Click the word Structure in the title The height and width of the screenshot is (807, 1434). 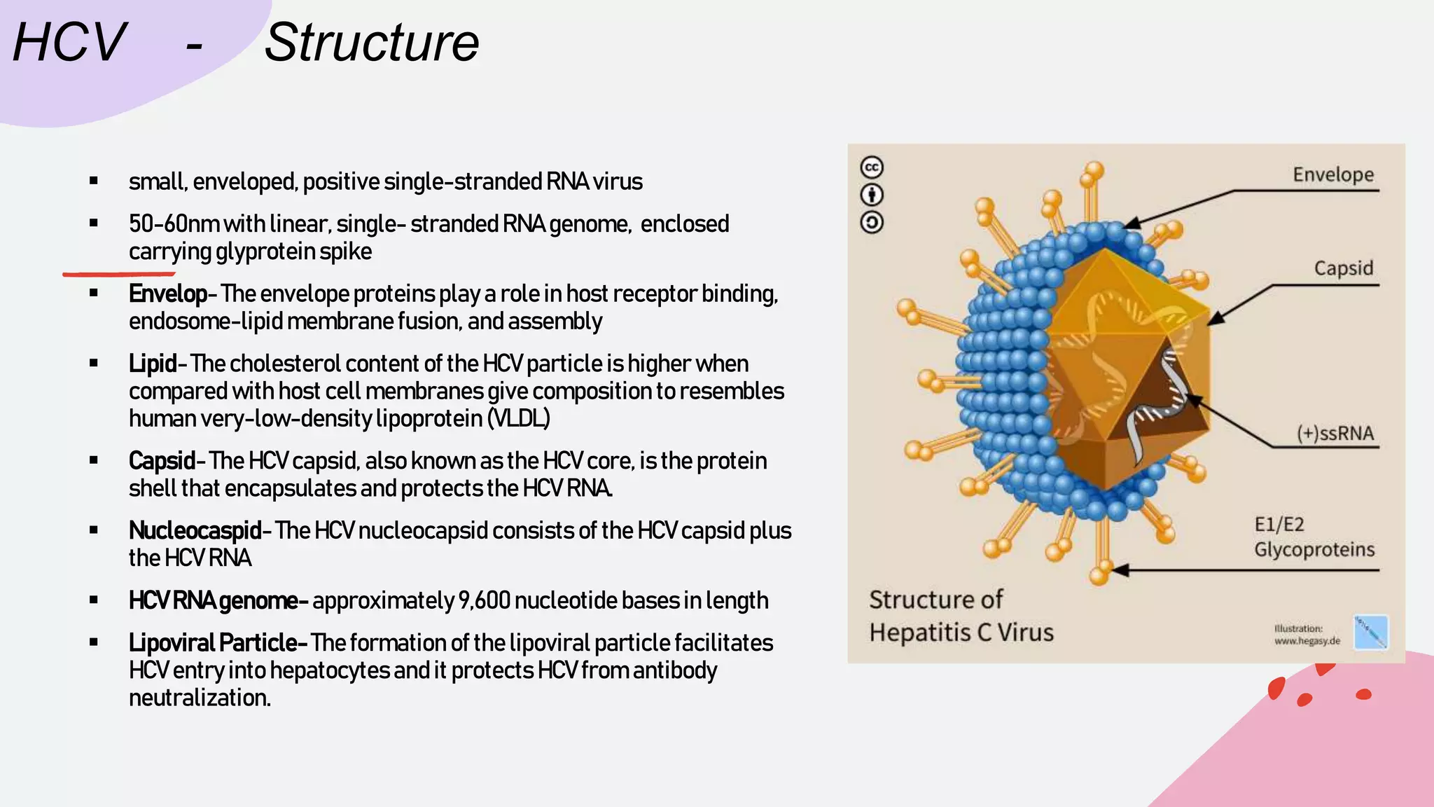tap(371, 43)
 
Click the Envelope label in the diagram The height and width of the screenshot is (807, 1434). tap(1332, 174)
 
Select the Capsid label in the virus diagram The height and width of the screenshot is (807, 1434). tap(1343, 268)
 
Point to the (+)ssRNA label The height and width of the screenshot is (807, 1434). tap(1335, 433)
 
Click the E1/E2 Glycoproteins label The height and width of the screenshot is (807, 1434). tap(1314, 537)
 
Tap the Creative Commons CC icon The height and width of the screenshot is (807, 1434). tap(872, 167)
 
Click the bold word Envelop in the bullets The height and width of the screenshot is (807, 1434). tap(167, 294)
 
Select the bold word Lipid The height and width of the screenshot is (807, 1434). tap(152, 364)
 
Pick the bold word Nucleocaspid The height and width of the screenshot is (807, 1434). tap(195, 530)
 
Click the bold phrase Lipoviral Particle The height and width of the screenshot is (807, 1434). tap(213, 642)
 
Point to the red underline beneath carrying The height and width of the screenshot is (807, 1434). tap(119, 274)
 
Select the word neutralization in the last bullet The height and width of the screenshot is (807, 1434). tap(199, 698)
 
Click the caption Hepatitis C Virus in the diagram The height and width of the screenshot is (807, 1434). tap(961, 632)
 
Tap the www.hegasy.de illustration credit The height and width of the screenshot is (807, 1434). tap(1307, 640)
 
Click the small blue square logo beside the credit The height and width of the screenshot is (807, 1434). tap(1370, 632)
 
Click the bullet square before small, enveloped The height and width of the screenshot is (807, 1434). tap(94, 181)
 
